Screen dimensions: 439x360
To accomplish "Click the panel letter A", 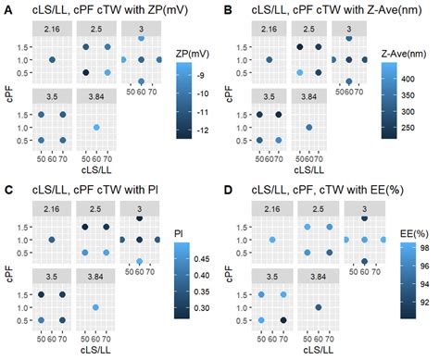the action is click(x=8, y=10).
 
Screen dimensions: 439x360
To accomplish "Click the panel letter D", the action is click(x=228, y=190).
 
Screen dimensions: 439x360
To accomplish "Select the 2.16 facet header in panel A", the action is click(x=52, y=30).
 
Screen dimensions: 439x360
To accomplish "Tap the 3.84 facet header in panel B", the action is click(x=308, y=96).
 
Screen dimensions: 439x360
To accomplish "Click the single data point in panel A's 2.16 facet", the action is click(x=52, y=60).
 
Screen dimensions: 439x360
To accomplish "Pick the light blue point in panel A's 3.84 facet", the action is click(x=96, y=128).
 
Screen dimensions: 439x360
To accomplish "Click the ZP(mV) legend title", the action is click(x=193, y=54).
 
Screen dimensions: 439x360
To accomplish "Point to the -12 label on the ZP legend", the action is click(x=203, y=130).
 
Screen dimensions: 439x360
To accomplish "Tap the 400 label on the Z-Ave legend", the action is click(x=408, y=79).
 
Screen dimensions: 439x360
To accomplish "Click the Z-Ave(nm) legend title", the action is click(x=404, y=54).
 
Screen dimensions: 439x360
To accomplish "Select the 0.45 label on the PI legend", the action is click(x=202, y=259).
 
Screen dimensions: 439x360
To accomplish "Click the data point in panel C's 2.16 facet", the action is click(x=52, y=240).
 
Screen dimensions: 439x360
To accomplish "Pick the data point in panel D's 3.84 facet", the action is click(x=319, y=307).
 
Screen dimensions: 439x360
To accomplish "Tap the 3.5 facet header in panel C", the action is click(x=52, y=277).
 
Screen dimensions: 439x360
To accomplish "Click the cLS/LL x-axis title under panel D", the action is click(x=319, y=350).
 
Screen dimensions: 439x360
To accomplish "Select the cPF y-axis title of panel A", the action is click(x=10, y=93).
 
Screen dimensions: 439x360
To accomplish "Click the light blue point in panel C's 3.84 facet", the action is click(x=95, y=307).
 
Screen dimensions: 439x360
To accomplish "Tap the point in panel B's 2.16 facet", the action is click(x=269, y=60).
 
